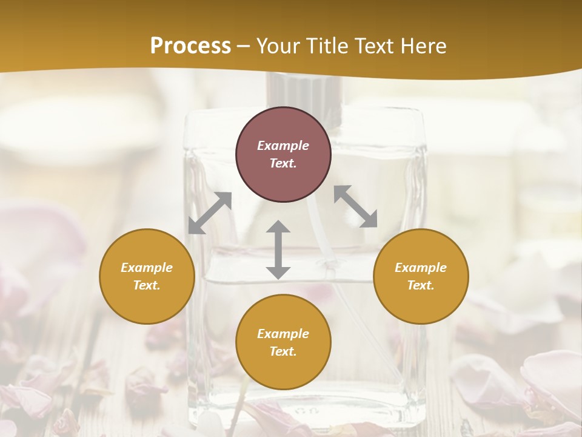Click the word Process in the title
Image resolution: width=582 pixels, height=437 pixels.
click(x=190, y=46)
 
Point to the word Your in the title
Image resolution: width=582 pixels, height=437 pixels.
click(x=279, y=46)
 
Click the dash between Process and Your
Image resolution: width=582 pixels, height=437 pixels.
click(x=243, y=47)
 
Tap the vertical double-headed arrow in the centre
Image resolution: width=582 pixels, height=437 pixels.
click(x=278, y=250)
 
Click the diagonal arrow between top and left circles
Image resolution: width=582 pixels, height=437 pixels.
click(x=210, y=213)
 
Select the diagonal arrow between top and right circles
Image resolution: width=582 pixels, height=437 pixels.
click(x=355, y=206)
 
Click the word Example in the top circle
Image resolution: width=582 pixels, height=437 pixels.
click(x=283, y=146)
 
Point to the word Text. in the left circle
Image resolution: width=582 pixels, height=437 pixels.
click(x=147, y=285)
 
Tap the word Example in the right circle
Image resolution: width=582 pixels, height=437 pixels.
click(x=421, y=268)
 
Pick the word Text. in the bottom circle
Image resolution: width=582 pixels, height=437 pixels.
click(x=283, y=351)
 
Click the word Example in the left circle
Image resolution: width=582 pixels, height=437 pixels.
click(x=147, y=268)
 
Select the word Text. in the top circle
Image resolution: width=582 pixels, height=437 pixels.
click(x=283, y=163)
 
